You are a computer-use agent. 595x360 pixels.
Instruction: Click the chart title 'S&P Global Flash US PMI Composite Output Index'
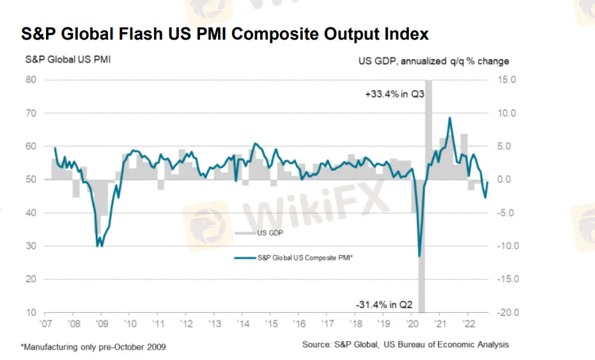click(224, 34)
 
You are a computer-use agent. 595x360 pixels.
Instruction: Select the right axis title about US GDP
click(433, 61)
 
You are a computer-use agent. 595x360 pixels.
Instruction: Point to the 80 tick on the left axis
click(31, 80)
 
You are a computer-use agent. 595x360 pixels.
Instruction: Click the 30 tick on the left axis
click(31, 246)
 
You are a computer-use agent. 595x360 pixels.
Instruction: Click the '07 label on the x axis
click(45, 324)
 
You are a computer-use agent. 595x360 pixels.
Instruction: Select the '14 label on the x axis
click(242, 324)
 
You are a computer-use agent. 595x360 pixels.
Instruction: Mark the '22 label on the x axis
click(467, 324)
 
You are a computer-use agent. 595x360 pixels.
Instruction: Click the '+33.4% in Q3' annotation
click(395, 94)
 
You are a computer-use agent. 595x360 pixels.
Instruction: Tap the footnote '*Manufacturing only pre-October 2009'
click(93, 347)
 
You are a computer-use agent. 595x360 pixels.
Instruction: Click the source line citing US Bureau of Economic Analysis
click(406, 345)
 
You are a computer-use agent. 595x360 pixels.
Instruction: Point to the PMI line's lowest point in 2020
click(419, 256)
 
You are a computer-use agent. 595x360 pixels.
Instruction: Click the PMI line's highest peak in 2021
click(450, 118)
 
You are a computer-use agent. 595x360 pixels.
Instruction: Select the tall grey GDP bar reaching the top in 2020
click(428, 128)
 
